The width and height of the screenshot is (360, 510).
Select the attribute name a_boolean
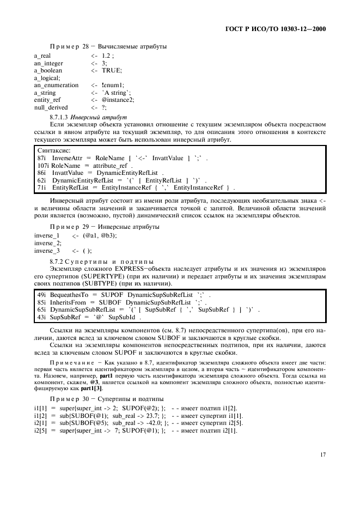coord(48,71)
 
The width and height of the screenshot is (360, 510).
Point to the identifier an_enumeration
coord(56,86)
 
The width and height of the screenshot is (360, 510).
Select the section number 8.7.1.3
coord(60,117)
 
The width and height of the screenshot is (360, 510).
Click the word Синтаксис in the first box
coord(53,150)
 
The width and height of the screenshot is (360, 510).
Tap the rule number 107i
coord(44,165)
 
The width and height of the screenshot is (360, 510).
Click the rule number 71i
coord(41,187)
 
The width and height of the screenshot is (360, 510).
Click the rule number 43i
coord(41,317)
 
